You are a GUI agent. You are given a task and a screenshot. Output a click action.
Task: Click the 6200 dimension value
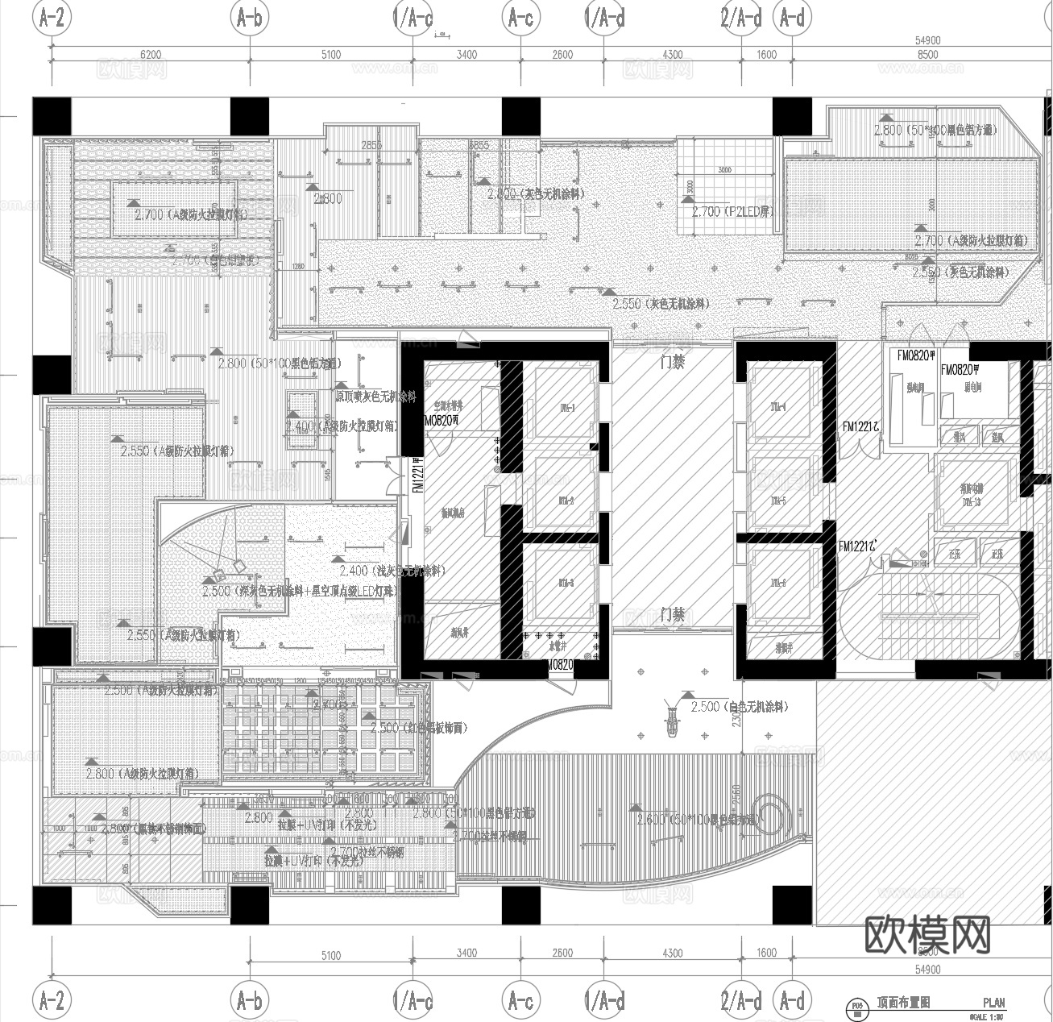[x=151, y=55]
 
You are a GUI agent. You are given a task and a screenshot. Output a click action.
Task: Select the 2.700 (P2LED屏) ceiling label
[x=730, y=212]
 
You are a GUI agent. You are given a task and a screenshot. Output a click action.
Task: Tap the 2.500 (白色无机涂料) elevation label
[x=738, y=707]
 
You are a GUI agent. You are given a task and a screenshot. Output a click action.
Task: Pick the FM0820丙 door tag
[x=442, y=420]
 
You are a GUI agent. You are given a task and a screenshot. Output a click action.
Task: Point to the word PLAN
[x=993, y=1003]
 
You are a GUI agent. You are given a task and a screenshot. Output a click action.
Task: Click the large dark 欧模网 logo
[x=927, y=934]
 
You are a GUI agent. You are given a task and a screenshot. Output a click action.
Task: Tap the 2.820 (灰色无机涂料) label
[x=536, y=194]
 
